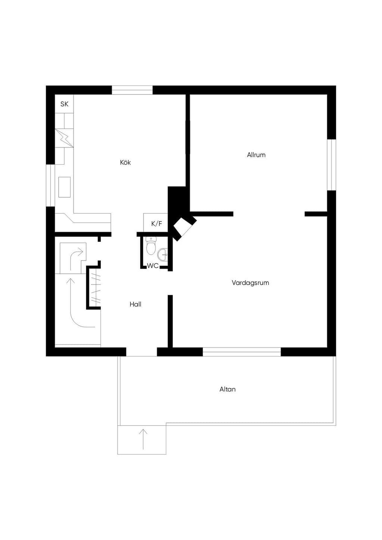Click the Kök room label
click(125, 163)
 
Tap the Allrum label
click(256, 155)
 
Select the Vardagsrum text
click(250, 283)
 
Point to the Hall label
click(135, 304)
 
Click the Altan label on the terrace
click(228, 389)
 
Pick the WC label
click(153, 266)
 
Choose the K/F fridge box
click(156, 223)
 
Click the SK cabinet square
click(65, 104)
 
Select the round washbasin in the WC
click(162, 255)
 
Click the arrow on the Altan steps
click(143, 439)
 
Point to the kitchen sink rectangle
click(65, 187)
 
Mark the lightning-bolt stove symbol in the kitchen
click(65, 138)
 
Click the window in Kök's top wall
click(132, 90)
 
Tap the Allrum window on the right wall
click(332, 165)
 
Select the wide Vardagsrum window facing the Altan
click(242, 352)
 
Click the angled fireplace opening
click(182, 228)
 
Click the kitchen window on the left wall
click(50, 185)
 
